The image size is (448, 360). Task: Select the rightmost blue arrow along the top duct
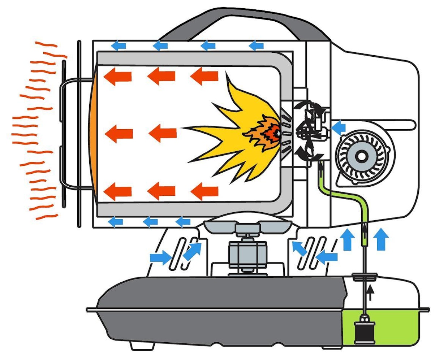pos(256,45)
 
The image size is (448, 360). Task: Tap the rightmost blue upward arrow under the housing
pos(382,239)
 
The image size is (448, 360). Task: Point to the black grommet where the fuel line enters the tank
pos(364,277)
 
